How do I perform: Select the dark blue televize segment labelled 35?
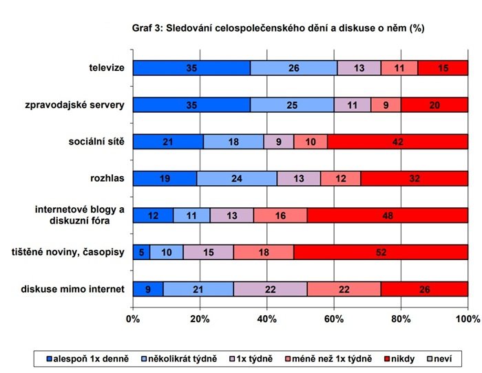click(191, 67)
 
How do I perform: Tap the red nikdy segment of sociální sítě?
click(397, 142)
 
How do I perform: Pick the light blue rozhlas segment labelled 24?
click(237, 178)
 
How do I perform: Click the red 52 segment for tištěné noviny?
click(381, 253)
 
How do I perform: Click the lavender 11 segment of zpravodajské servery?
click(353, 105)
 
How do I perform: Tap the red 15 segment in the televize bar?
click(443, 67)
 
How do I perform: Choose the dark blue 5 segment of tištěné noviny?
click(141, 253)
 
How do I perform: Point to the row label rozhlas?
click(107, 178)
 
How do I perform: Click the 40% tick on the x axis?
click(267, 319)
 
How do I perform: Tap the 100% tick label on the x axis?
click(468, 319)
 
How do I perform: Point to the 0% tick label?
click(133, 319)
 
